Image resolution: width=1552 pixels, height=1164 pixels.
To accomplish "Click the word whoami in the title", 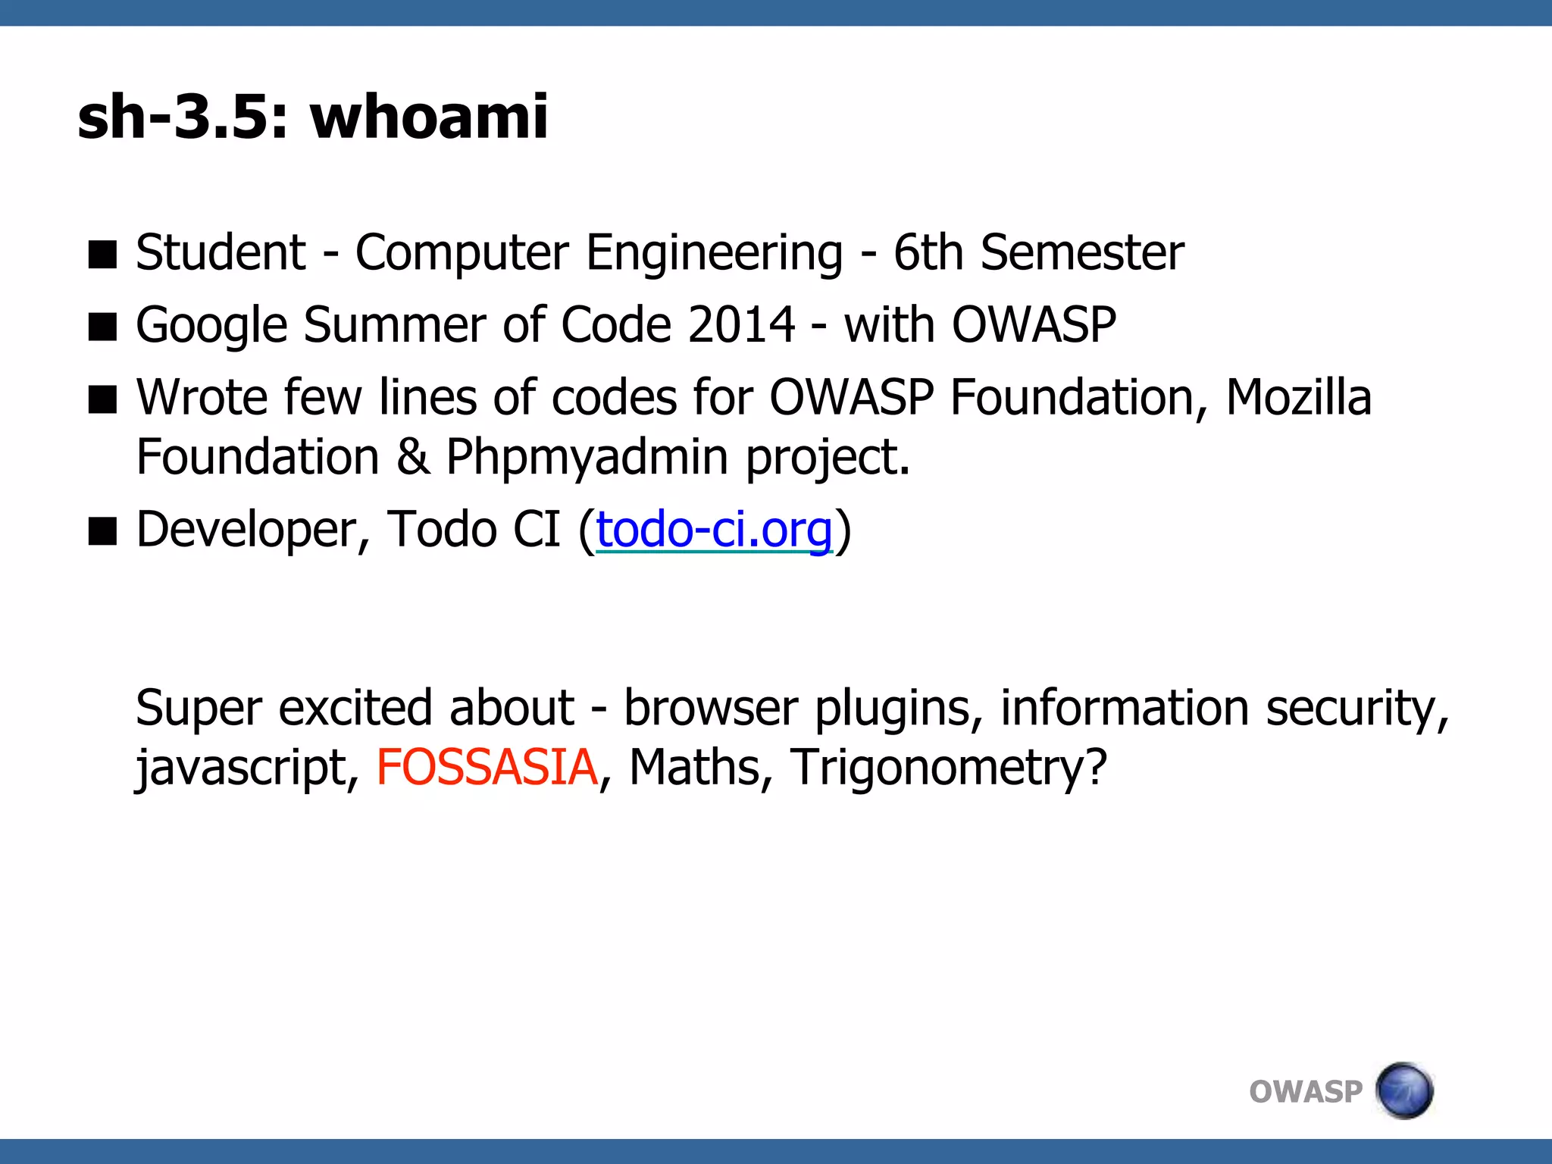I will [429, 117].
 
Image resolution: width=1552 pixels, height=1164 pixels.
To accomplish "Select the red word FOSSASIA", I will [487, 767].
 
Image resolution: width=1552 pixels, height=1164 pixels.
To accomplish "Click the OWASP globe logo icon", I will [1404, 1090].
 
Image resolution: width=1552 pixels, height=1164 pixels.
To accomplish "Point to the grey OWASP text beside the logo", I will [1305, 1092].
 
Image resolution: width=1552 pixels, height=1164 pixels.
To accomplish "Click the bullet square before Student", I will [102, 255].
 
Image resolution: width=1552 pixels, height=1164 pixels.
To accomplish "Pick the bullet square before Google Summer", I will [102, 327].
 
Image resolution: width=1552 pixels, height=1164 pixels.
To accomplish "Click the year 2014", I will [742, 325].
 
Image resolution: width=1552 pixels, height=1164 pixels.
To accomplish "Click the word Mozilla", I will [1298, 397].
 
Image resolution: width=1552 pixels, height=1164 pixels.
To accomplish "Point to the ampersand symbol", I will [412, 458].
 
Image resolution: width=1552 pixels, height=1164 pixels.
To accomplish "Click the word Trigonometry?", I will [949, 767].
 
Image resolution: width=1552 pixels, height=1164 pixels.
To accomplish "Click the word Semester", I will [1082, 252].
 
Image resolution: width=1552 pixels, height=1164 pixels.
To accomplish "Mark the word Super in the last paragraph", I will [199, 709].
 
